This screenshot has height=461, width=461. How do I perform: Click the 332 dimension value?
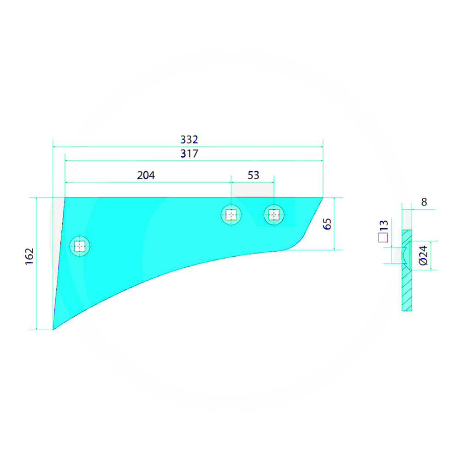pyautogui.click(x=189, y=139)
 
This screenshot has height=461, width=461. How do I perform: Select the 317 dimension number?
pyautogui.click(x=189, y=154)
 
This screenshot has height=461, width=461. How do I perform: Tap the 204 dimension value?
pyautogui.click(x=146, y=175)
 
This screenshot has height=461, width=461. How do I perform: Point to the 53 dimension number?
pyautogui.click(x=254, y=175)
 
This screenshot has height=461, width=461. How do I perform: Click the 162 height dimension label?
pyautogui.click(x=30, y=256)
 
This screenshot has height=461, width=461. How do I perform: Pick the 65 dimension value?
pyautogui.click(x=327, y=224)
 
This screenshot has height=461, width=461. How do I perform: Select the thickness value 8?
pyautogui.click(x=424, y=202)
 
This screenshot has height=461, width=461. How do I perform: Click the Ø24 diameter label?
pyautogui.click(x=423, y=256)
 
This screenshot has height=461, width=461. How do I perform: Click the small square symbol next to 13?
pyautogui.click(x=383, y=238)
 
